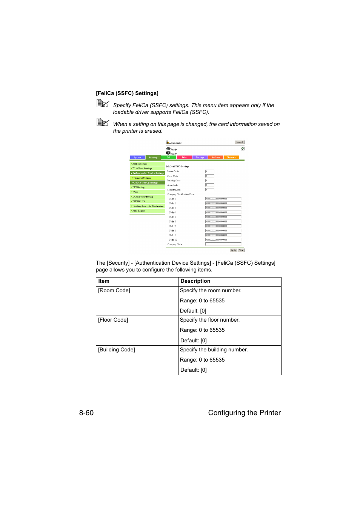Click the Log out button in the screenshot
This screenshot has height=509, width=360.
click(240, 142)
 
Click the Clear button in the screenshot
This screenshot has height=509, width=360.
click(241, 250)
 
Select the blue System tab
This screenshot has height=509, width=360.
click(137, 158)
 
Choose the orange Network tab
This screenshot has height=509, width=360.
click(231, 158)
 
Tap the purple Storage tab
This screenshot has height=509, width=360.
click(200, 158)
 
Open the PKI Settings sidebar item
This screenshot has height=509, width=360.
click(139, 187)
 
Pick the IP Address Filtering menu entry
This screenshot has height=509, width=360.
click(143, 197)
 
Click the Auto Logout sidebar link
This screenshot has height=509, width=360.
click(139, 211)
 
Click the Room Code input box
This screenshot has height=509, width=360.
click(209, 172)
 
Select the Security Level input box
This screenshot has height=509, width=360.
click(209, 190)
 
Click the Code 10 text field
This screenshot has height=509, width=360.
click(223, 240)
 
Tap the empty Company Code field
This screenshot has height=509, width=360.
click(223, 244)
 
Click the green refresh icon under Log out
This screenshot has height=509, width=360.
click(243, 149)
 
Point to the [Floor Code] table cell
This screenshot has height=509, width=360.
click(113, 320)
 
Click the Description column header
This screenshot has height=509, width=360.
click(195, 281)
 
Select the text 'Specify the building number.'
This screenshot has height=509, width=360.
click(214, 350)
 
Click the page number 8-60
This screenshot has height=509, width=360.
click(86, 413)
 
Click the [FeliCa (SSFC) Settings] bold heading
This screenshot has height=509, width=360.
click(127, 94)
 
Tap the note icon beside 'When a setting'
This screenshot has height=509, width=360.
click(103, 122)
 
